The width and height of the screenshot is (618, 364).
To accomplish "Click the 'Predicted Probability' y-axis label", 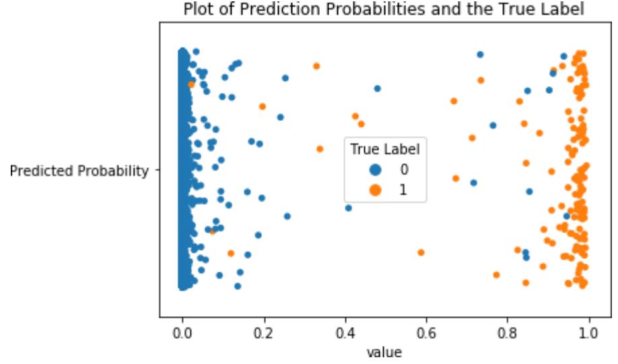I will point(79,171).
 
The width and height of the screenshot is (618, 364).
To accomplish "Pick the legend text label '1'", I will point(403,191).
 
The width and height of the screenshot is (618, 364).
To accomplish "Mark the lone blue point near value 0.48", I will point(378,88).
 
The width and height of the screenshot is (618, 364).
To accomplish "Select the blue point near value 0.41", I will point(349,208).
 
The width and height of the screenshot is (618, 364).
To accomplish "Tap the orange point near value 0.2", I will point(263,107).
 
